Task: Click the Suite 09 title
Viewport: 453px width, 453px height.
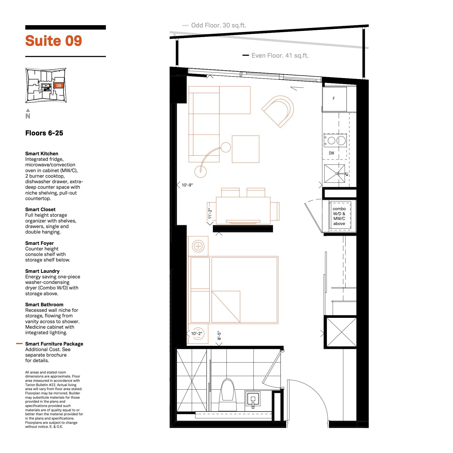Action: click(54, 41)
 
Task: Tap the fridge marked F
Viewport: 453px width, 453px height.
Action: click(334, 99)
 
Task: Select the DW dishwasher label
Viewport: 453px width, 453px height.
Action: click(331, 153)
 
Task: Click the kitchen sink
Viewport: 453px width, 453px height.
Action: click(335, 174)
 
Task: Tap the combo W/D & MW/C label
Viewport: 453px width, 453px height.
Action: click(339, 216)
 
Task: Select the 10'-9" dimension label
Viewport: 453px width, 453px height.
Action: click(187, 185)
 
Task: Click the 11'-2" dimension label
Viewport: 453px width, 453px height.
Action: click(210, 214)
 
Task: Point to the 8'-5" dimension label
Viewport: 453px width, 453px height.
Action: click(219, 335)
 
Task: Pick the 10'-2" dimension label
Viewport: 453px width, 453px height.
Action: click(197, 333)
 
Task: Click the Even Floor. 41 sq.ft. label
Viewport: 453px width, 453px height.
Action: click(280, 56)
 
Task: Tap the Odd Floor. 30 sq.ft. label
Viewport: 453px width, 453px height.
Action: click(218, 25)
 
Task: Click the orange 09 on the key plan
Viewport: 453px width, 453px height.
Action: click(59, 86)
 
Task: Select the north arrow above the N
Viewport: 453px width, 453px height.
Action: click(28, 110)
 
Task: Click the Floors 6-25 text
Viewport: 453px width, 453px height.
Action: click(44, 133)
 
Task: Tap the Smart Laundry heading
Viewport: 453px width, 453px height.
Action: click(42, 271)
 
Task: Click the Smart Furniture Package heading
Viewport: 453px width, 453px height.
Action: click(54, 344)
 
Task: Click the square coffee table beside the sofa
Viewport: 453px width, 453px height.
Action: click(246, 149)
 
